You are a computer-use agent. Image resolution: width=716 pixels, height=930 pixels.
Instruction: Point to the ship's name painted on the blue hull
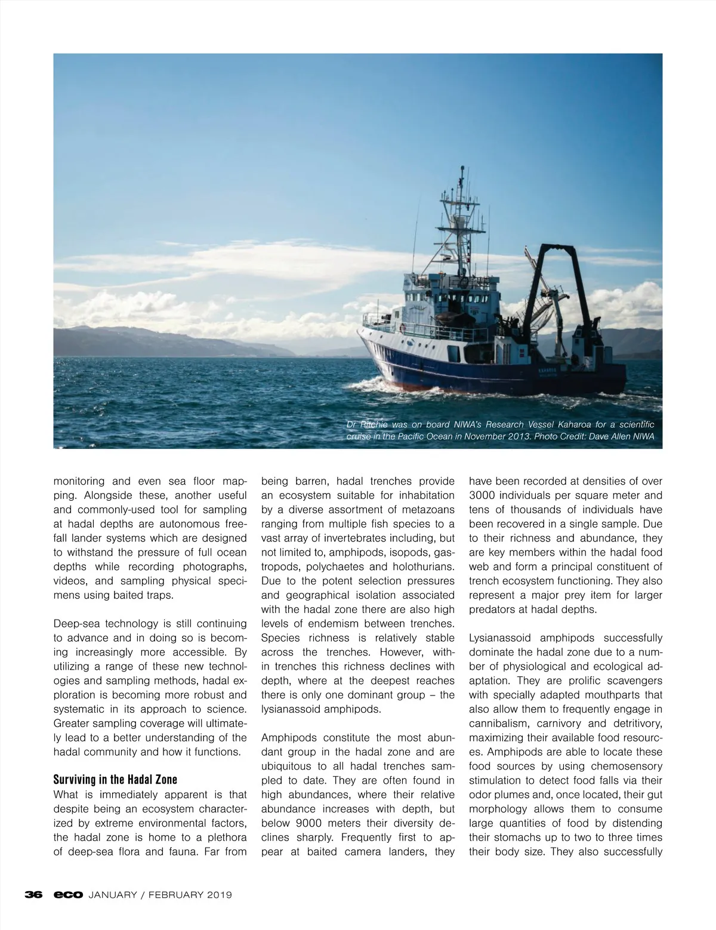click(547, 371)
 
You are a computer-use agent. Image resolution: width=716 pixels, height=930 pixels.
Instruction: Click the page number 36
click(33, 895)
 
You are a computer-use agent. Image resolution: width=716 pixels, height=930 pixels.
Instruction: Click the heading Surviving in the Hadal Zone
click(115, 780)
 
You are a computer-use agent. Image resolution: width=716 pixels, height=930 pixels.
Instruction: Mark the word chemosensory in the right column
click(626, 766)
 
